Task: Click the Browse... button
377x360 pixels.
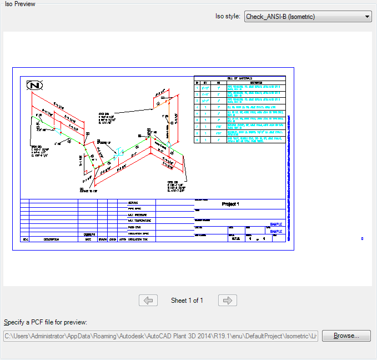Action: coord(346,336)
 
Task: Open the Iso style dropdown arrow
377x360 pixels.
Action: coord(367,17)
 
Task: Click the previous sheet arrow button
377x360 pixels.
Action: coord(148,301)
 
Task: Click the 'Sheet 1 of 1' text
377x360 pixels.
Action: coord(187,301)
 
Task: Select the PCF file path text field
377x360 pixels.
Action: coord(160,336)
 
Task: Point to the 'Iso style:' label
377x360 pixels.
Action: coord(228,17)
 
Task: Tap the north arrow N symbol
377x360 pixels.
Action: coord(35,86)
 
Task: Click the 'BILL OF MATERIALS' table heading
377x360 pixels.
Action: coord(240,78)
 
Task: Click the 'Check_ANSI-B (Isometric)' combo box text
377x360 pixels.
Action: coord(280,17)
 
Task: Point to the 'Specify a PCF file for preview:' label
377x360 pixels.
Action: coord(46,322)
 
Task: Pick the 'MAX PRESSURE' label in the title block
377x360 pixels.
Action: coord(138,215)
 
